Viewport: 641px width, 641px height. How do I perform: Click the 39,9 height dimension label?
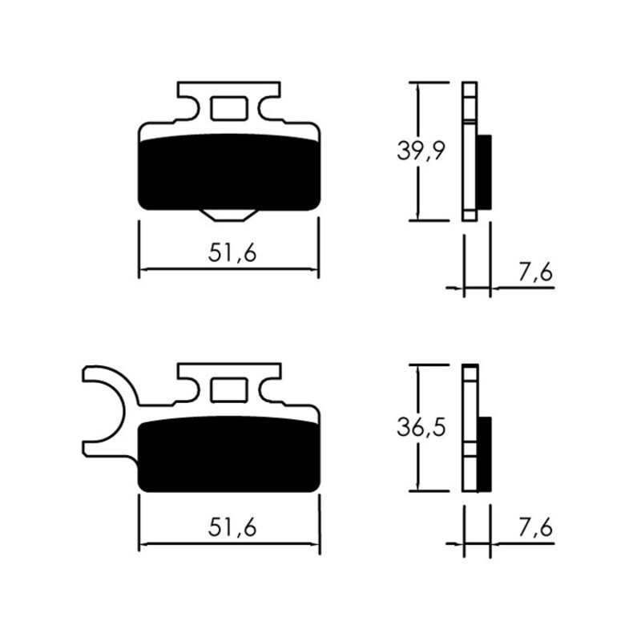coord(421,150)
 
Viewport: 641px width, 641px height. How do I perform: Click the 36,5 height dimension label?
coord(421,428)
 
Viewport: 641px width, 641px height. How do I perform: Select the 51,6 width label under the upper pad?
coord(232,253)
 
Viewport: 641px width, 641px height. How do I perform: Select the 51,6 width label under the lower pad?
coord(232,527)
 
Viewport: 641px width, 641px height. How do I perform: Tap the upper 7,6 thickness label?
coord(535,272)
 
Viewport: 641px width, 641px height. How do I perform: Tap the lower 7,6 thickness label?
coord(535,529)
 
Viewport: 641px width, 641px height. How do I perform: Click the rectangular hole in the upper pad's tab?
coord(229,107)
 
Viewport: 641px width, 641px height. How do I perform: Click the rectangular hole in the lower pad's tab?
coord(229,389)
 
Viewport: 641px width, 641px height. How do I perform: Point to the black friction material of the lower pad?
coord(229,455)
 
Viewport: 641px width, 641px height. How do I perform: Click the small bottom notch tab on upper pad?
coord(229,214)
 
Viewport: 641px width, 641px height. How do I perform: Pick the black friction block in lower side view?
coord(485,453)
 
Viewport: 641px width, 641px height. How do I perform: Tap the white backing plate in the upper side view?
coord(470,152)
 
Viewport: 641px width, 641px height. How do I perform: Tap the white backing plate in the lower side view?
coord(470,429)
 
